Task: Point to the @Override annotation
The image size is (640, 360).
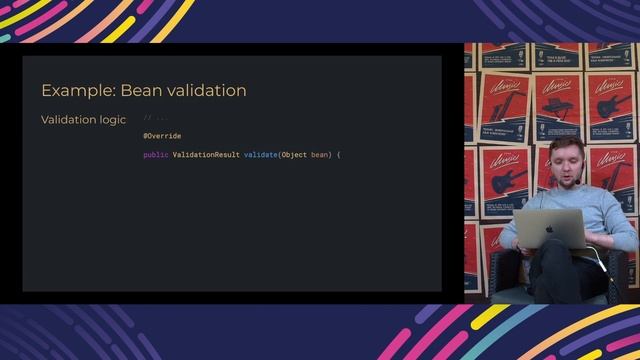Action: click(162, 136)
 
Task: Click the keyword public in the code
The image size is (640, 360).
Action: click(156, 155)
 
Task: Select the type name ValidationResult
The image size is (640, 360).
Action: click(206, 155)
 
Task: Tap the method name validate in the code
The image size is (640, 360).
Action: click(260, 155)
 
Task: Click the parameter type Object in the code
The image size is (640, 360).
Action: click(294, 155)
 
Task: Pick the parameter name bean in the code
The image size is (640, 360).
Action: click(320, 155)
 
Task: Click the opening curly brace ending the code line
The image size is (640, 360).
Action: click(339, 155)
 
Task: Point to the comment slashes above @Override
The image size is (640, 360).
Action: click(146, 118)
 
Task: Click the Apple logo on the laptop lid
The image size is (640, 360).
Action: click(548, 229)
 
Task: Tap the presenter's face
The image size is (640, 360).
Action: click(566, 165)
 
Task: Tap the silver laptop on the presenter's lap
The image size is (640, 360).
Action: click(550, 229)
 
